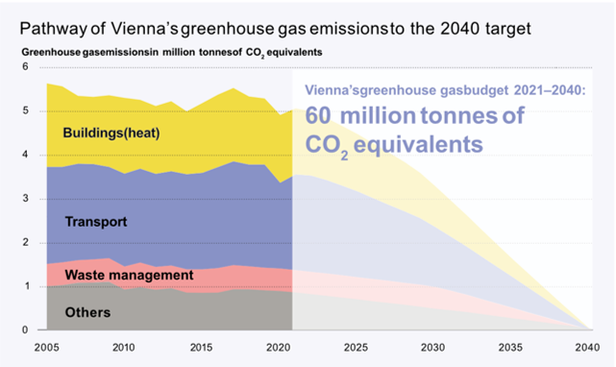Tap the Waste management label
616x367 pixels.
click(x=129, y=276)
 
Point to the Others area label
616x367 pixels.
click(x=87, y=312)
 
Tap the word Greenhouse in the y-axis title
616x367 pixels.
click(x=51, y=49)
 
